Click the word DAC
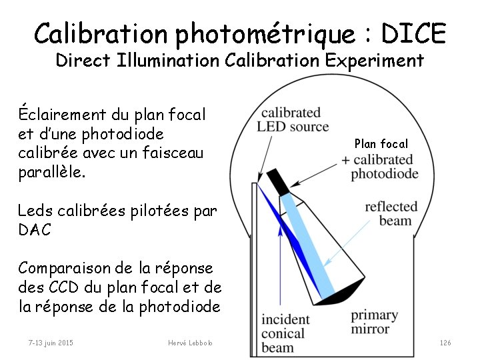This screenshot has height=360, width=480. pyautogui.click(x=35, y=229)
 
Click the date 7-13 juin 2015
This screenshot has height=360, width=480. pyautogui.click(x=51, y=343)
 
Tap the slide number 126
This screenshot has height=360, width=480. pyautogui.click(x=445, y=343)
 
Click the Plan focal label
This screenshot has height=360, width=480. pyautogui.click(x=381, y=143)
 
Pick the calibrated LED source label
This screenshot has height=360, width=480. pyautogui.click(x=293, y=119)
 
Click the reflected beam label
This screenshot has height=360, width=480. pyautogui.click(x=391, y=213)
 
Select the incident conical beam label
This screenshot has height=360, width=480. pyautogui.click(x=285, y=333)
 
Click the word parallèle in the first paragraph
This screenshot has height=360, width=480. pyautogui.click(x=51, y=171)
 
